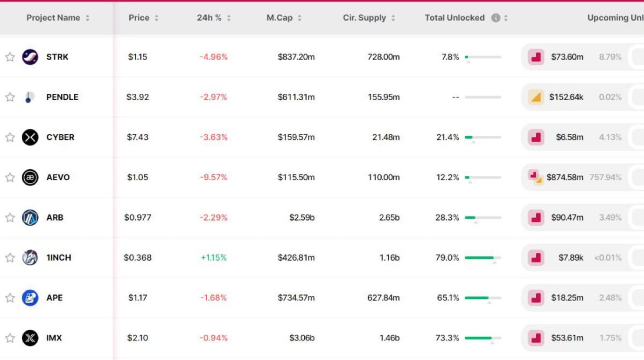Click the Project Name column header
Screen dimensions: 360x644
pos(53,18)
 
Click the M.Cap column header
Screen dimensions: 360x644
pos(280,18)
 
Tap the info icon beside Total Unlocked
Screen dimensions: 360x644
pos(496,18)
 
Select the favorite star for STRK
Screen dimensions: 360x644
pos(10,57)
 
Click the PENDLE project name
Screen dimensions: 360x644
pos(62,97)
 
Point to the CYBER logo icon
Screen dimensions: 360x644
pos(30,137)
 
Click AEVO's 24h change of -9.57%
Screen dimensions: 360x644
pos(213,177)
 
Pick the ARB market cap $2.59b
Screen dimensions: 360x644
pos(301,217)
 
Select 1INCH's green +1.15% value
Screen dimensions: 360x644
pos(213,257)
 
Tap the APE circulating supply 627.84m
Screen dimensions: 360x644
pos(383,298)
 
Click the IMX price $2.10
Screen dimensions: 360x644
pos(137,338)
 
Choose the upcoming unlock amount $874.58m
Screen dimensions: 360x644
pos(565,177)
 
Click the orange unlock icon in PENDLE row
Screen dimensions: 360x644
pos(536,97)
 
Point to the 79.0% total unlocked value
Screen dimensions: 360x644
pos(447,257)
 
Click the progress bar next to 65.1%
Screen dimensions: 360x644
pos(483,298)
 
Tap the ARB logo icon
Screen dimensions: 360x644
pos(30,217)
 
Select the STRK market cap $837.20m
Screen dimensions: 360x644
pos(296,57)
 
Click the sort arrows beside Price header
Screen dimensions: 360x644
pos(156,18)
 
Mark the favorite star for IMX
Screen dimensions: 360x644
pos(10,338)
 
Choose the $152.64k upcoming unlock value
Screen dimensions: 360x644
pos(566,97)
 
